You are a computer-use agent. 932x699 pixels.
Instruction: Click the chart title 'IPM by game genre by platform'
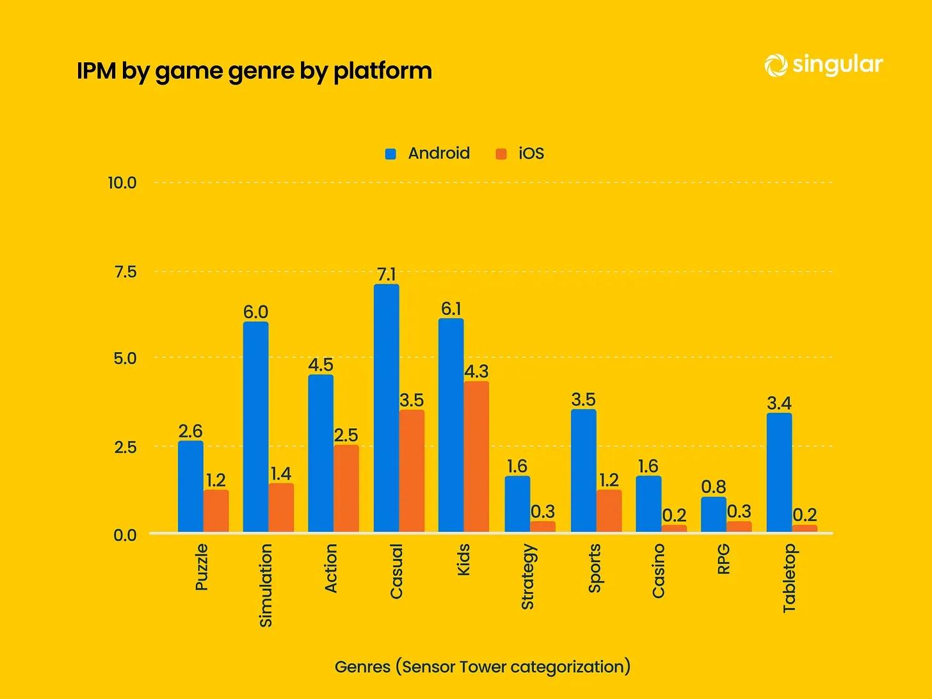tap(254, 70)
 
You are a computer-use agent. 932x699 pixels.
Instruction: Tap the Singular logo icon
tap(776, 65)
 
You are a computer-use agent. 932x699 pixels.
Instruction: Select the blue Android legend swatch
tap(390, 154)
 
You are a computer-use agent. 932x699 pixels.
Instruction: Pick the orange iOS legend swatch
tap(501, 154)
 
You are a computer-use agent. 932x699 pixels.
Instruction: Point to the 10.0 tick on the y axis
tap(122, 183)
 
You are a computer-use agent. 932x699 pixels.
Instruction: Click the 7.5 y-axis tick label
tap(125, 272)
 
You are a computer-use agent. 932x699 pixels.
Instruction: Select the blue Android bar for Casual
tap(386, 408)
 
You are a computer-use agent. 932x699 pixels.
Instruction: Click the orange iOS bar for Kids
tap(476, 457)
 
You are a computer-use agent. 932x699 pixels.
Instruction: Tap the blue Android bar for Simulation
tap(255, 427)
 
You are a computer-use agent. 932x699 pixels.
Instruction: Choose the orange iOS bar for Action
tap(346, 488)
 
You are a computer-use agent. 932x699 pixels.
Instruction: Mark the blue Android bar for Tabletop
tap(779, 472)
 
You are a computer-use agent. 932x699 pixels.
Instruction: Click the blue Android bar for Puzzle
tap(191, 486)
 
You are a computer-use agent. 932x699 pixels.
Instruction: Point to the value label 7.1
tap(386, 275)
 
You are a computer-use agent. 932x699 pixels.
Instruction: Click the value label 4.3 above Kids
tap(476, 371)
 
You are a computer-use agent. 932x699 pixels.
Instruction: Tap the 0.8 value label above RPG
tap(713, 487)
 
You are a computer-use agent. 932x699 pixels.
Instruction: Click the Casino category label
tap(658, 571)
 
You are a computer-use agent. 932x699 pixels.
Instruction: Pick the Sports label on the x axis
tap(594, 568)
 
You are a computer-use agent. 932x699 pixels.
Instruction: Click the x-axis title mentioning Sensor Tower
tap(483, 667)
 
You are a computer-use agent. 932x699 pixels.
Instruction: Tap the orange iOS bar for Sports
tap(609, 511)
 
